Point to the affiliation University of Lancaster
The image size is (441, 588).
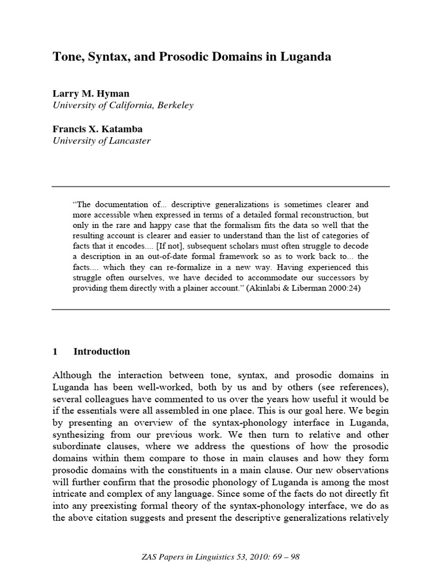(102, 141)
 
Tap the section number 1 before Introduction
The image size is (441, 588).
(55, 351)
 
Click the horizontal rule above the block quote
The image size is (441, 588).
(220, 187)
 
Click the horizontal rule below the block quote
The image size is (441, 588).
(220, 309)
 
